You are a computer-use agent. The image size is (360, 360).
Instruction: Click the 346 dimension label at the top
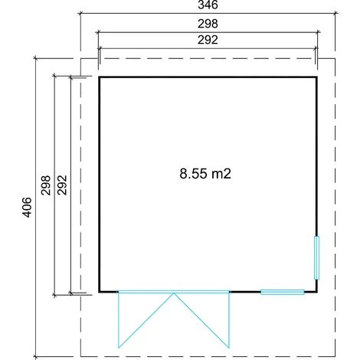[x=208, y=5]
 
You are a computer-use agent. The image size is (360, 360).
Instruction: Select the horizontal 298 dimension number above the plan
[x=208, y=24]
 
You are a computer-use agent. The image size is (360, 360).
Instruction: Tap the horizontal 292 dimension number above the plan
[x=208, y=40]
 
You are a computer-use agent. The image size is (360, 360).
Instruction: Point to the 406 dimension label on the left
[x=27, y=207]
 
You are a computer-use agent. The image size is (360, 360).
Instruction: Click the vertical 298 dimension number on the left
[x=46, y=185]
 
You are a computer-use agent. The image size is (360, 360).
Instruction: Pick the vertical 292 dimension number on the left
[x=62, y=185]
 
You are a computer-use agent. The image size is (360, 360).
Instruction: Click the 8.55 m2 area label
[x=205, y=174]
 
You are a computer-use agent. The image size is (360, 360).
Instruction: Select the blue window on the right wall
[x=316, y=258]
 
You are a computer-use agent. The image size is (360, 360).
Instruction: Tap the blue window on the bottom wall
[x=283, y=292]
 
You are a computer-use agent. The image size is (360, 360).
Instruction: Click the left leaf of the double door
[x=146, y=320]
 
